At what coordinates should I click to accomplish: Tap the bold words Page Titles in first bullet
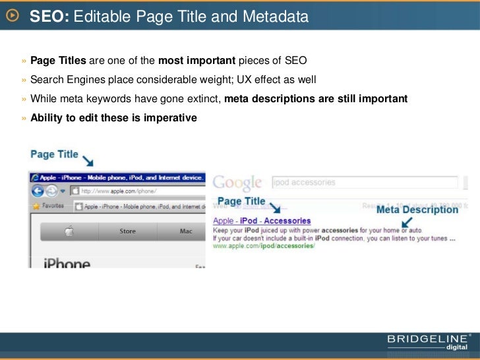pyautogui.click(x=58, y=61)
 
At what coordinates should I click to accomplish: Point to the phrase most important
pyautogui.click(x=196, y=61)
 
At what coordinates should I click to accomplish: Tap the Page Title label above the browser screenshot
pyautogui.click(x=54, y=155)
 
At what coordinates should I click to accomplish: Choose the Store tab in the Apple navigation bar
pyautogui.click(x=127, y=231)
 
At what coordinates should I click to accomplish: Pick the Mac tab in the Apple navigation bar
pyautogui.click(x=186, y=231)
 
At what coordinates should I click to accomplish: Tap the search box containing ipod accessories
pyautogui.click(x=365, y=183)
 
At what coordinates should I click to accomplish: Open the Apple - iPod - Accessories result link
pyautogui.click(x=262, y=221)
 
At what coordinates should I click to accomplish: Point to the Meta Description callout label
pyautogui.click(x=417, y=210)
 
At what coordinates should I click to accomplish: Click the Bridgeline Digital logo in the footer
pyautogui.click(x=429, y=342)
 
